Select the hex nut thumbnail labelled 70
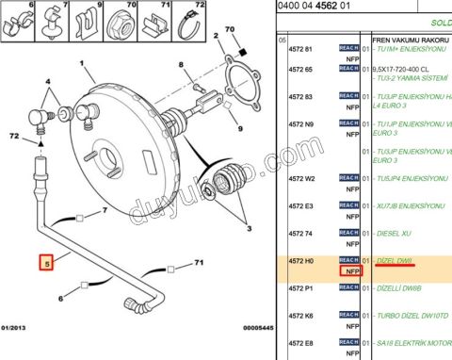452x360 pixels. pyautogui.click(x=121, y=20)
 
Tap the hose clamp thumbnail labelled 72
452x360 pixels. pyautogui.click(x=198, y=21)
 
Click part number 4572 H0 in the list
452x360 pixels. pyautogui.click(x=301, y=259)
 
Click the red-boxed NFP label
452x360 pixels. pyautogui.click(x=351, y=271)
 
